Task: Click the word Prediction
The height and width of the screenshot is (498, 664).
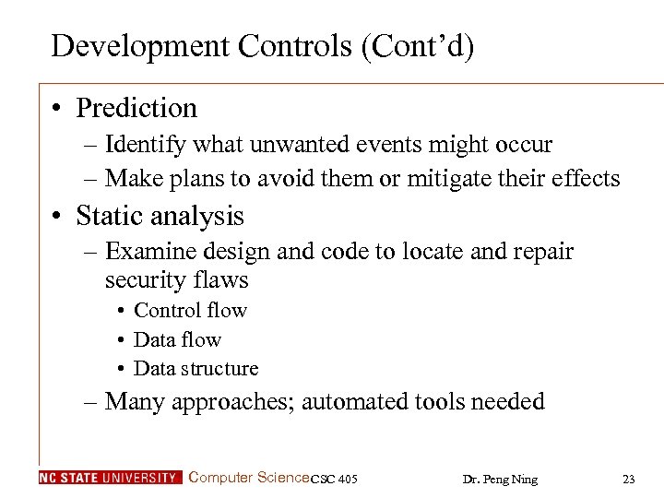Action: click(x=136, y=108)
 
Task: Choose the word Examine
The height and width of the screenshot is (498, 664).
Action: click(x=149, y=251)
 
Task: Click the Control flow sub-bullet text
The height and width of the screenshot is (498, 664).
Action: click(x=190, y=311)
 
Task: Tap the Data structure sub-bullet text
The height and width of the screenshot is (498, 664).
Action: click(x=196, y=369)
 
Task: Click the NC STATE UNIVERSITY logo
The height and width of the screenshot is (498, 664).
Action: click(x=111, y=478)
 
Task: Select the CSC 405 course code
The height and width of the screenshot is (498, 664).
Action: click(x=334, y=479)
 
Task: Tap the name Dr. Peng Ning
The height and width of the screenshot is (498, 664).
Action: click(x=499, y=479)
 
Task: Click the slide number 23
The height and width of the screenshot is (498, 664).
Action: click(x=629, y=479)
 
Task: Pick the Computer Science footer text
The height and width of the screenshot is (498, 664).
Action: click(x=249, y=478)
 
